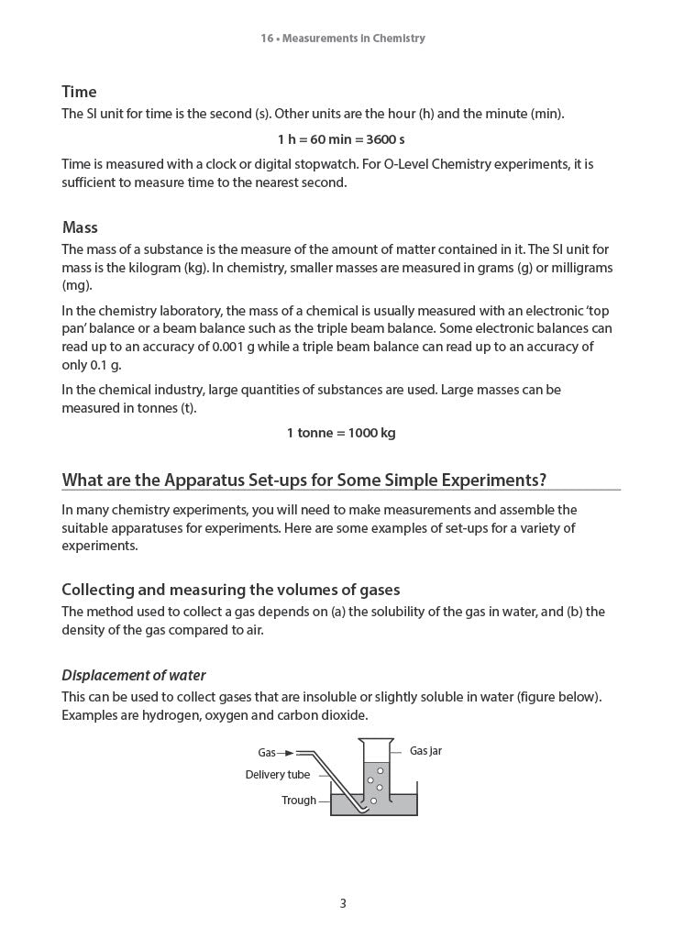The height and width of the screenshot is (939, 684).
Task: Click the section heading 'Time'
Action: pos(79,92)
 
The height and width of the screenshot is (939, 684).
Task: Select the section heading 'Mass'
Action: pos(80,227)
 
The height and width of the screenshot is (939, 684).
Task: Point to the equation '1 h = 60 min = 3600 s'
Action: pos(341,139)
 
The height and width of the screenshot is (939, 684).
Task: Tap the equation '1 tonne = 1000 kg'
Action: pos(341,433)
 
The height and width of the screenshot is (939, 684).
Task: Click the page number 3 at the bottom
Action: pos(343,903)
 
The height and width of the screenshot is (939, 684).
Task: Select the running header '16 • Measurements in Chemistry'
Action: pos(343,39)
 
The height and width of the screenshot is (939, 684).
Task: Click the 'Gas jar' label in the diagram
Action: pos(425,751)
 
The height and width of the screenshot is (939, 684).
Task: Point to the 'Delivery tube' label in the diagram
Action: pos(278,775)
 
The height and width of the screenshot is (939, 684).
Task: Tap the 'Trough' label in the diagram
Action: pos(299,801)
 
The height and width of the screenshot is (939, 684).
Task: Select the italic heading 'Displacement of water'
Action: pos(134,676)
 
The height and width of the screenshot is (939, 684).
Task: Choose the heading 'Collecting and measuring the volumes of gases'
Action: pos(230,590)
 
